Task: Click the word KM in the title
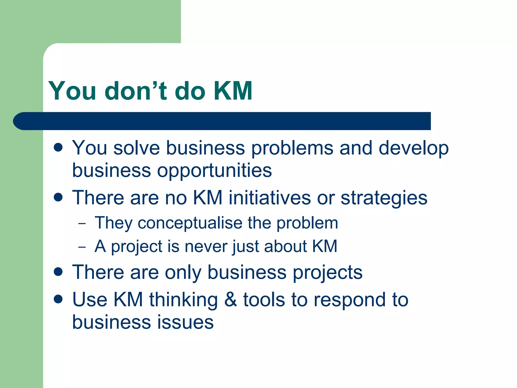click(233, 91)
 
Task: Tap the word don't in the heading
click(136, 91)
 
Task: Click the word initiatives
click(269, 198)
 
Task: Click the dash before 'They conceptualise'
click(82, 224)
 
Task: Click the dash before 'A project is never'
click(82, 247)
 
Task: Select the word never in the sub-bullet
click(206, 247)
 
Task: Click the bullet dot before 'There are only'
click(58, 272)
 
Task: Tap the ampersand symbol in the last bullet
click(230, 300)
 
